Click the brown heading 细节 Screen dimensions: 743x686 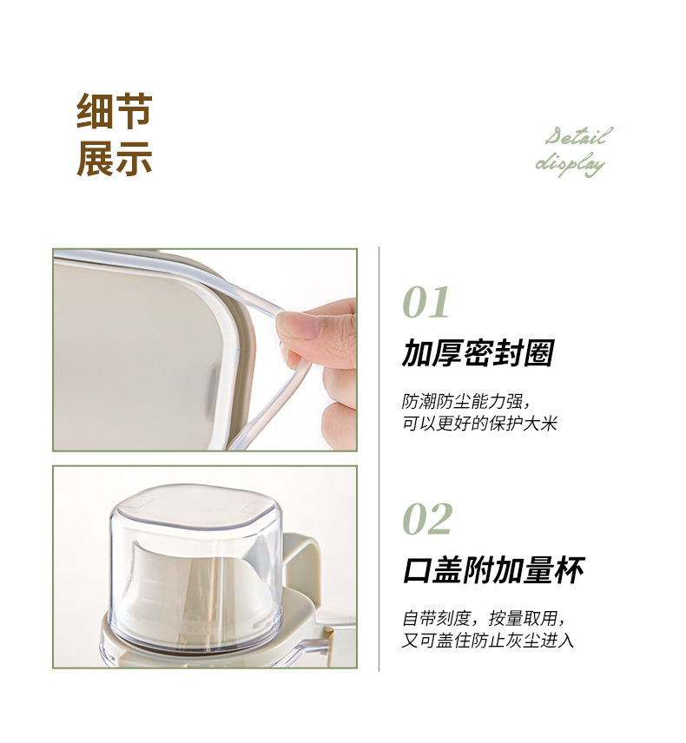[114, 112]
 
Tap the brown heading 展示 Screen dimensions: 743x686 [114, 159]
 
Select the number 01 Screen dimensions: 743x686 [426, 303]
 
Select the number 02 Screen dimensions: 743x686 [427, 519]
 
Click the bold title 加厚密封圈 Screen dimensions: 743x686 [478, 354]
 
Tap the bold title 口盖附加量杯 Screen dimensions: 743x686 [493, 571]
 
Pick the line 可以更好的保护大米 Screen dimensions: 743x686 [479, 424]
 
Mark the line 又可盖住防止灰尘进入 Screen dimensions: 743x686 [488, 641]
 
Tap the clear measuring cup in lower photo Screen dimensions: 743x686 [195, 564]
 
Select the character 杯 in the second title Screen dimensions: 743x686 [569, 571]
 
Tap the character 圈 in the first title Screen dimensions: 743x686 [539, 354]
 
